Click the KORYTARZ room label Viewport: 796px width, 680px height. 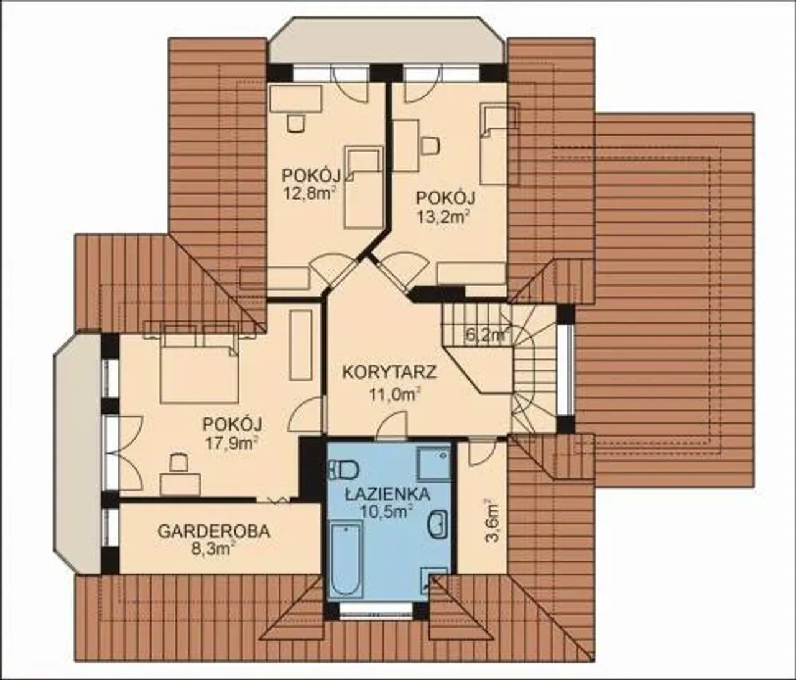(x=389, y=373)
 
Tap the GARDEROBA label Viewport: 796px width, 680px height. (x=214, y=532)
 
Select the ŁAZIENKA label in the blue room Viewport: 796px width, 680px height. (x=387, y=494)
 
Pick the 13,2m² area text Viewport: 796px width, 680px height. (x=443, y=218)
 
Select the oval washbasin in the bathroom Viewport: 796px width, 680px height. (x=438, y=524)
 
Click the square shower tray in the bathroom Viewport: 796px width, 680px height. (x=433, y=465)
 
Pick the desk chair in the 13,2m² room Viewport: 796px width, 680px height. (x=430, y=145)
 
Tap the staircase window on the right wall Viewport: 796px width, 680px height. (x=565, y=370)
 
